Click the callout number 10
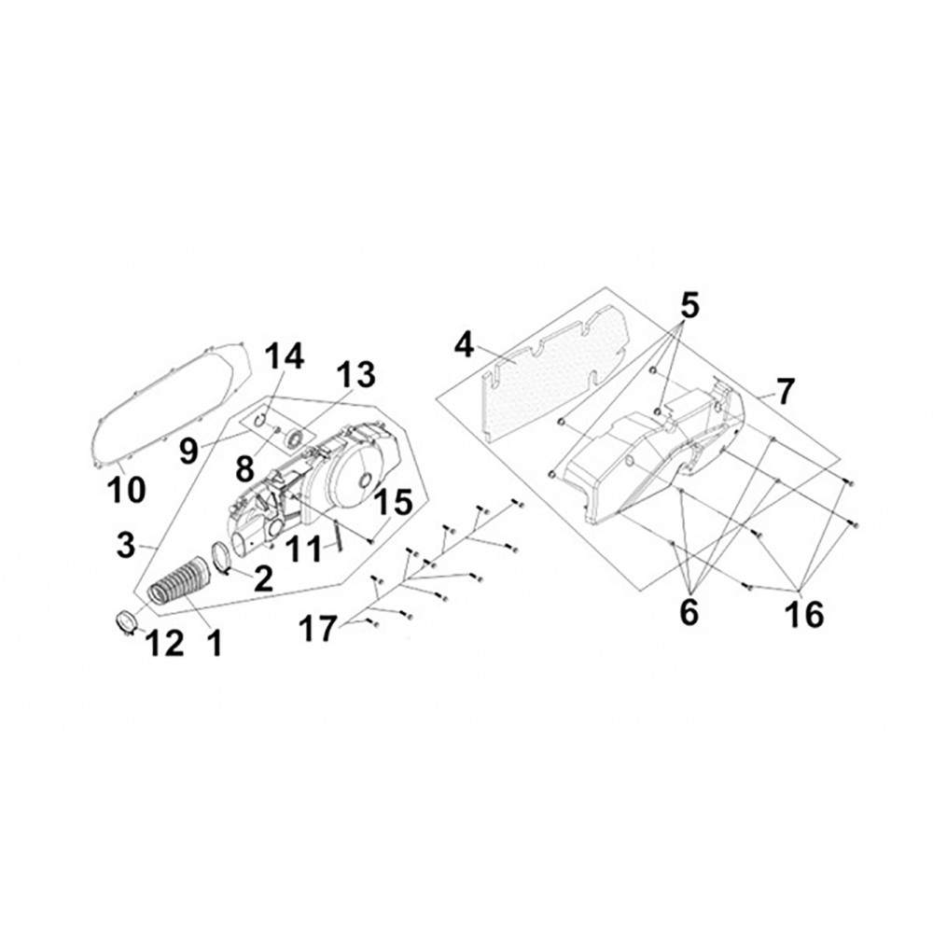click(127, 490)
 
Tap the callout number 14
click(285, 355)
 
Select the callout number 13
click(355, 374)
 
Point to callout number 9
click(188, 451)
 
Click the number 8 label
click(244, 469)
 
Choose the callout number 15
click(394, 502)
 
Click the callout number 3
click(126, 545)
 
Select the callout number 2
click(263, 578)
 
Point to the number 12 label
click(165, 643)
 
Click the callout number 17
click(318, 629)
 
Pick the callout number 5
click(689, 306)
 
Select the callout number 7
click(785, 391)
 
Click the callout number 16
click(804, 614)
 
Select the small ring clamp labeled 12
click(126, 621)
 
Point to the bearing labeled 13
click(295, 439)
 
